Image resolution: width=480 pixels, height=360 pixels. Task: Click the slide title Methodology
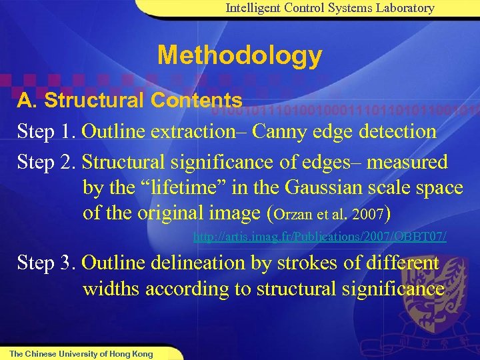(x=239, y=55)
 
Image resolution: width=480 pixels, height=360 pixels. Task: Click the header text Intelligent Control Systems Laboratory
(x=330, y=8)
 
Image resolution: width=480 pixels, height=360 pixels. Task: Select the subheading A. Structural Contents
(x=129, y=101)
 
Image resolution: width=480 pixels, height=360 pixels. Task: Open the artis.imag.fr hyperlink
(x=319, y=237)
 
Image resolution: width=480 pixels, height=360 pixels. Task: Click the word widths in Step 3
(x=107, y=289)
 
